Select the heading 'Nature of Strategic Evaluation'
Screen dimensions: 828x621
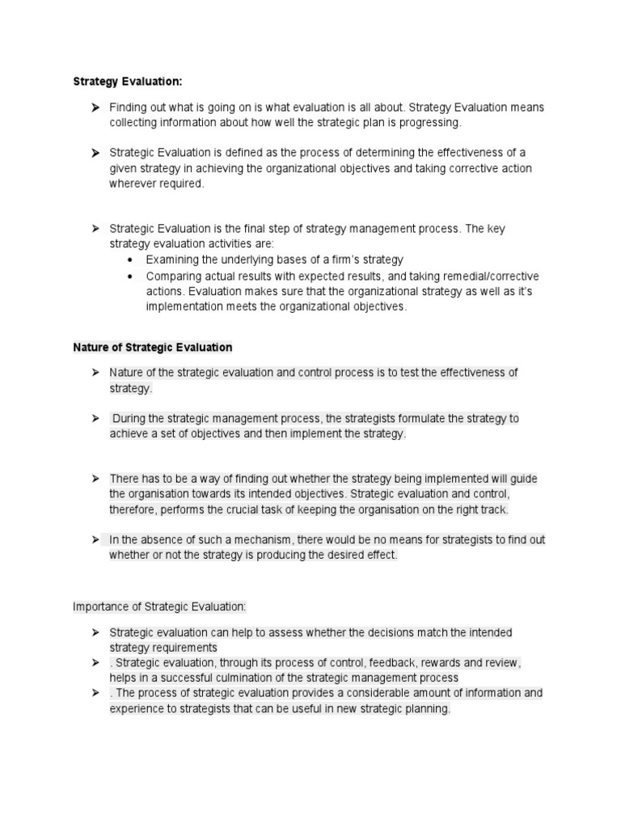pos(152,347)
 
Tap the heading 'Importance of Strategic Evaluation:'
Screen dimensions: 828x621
pos(158,606)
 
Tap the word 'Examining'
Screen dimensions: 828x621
pos(172,260)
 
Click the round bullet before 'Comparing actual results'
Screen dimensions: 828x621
pos(130,276)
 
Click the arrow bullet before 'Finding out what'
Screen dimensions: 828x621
pos(95,108)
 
